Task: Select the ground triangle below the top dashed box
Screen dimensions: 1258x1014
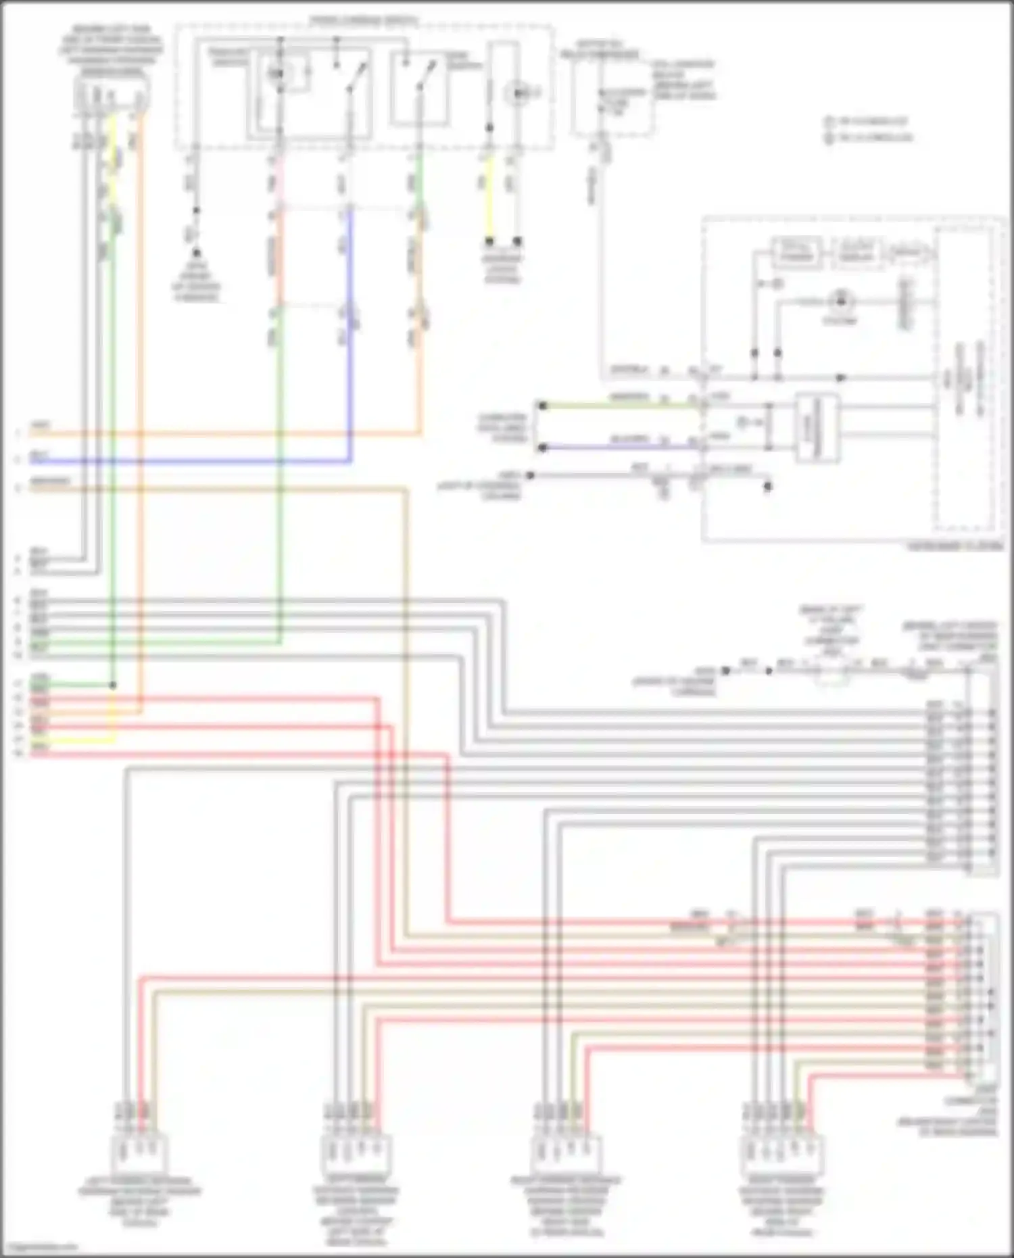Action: [x=197, y=253]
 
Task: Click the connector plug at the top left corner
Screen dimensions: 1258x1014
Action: [x=112, y=95]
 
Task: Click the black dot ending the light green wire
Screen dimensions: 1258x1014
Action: [x=541, y=406]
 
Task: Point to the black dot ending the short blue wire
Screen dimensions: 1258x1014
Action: [x=541, y=447]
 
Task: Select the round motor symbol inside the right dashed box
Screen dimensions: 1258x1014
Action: [x=840, y=299]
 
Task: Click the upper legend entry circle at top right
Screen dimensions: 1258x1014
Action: [x=829, y=122]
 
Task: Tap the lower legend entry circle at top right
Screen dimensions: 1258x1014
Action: [x=829, y=138]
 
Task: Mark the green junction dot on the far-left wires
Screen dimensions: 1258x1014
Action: [x=113, y=685]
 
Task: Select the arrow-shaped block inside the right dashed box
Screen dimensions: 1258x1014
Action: [x=908, y=253]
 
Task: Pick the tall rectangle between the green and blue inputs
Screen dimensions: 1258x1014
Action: [x=816, y=427]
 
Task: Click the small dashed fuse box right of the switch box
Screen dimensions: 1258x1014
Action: [x=612, y=95]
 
